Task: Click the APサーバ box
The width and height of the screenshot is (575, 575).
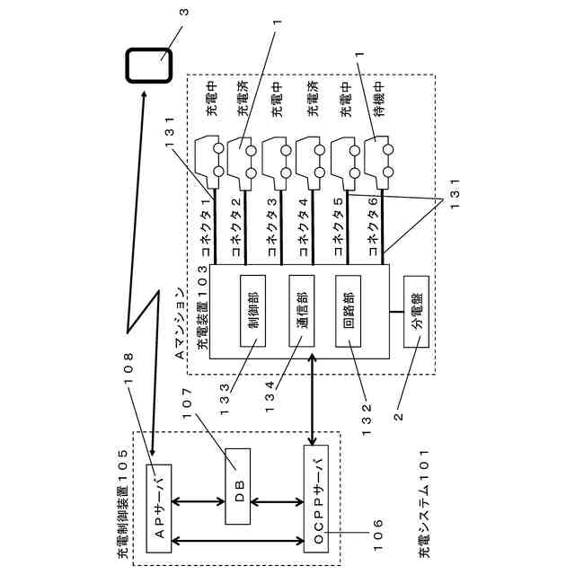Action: point(159,509)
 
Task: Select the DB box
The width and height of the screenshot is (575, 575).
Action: point(238,486)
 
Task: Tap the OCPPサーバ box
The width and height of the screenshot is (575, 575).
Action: point(316,499)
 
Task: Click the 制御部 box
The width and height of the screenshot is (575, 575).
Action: point(252,311)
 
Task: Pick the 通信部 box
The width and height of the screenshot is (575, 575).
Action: point(302,311)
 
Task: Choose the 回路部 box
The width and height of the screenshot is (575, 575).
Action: point(348,311)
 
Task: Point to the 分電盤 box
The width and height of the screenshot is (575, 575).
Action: point(416,312)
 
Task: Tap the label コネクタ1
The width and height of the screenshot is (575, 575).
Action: point(207,227)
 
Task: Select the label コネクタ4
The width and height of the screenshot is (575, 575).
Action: point(304,227)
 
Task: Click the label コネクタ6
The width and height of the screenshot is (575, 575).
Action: point(373,226)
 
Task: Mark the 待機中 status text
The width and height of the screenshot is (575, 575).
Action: point(380,99)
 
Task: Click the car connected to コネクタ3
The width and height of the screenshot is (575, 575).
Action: point(278,162)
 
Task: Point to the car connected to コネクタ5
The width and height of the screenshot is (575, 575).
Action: point(346,162)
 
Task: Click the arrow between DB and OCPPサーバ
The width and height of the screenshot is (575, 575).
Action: point(278,502)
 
